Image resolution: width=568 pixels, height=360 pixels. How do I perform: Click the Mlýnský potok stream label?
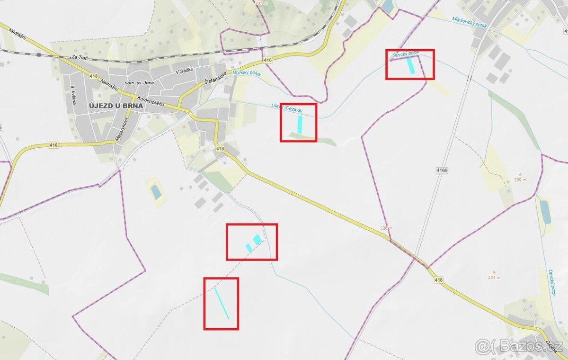tap(247, 74)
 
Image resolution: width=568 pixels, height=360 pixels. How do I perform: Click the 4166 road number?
tap(442, 169)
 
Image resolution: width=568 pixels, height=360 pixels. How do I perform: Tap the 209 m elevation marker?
tap(520, 180)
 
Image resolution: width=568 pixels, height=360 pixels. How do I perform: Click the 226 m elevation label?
tap(386, 228)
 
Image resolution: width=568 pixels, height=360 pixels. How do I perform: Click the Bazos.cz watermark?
tap(518, 347)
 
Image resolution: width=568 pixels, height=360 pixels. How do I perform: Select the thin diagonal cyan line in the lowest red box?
tap(222, 303)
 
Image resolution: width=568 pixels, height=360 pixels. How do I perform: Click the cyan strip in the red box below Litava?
tap(300, 124)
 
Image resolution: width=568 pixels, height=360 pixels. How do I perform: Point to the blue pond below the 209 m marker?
tap(545, 212)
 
